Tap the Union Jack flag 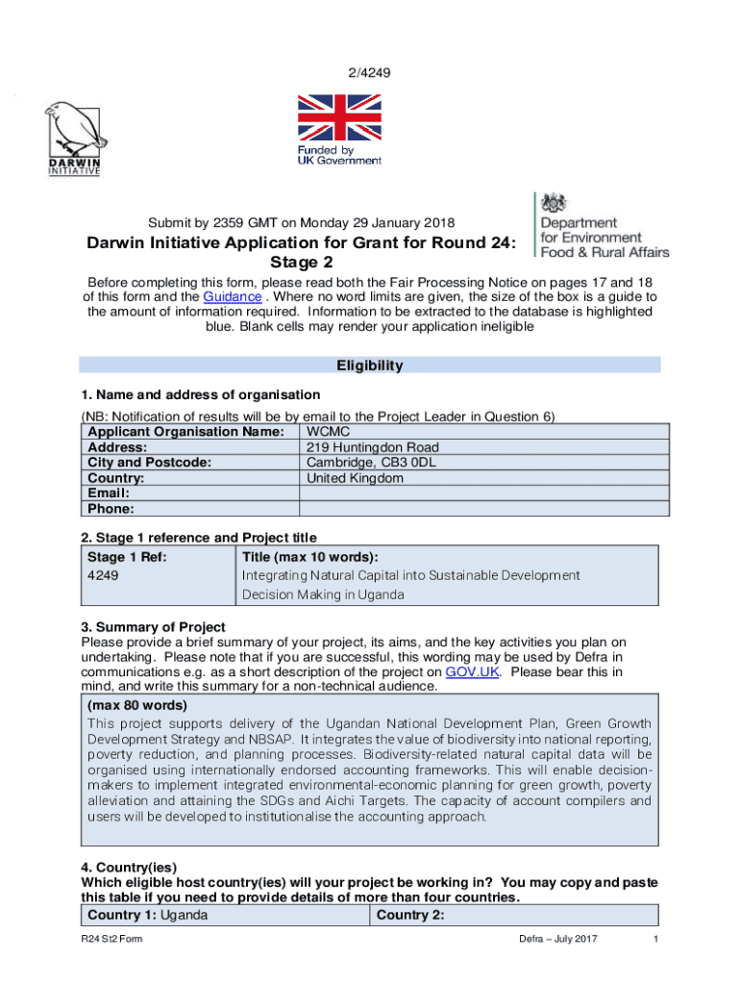(338, 117)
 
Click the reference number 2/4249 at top (369, 72)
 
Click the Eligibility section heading (369, 366)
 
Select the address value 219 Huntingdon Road (372, 447)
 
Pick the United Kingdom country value (355, 478)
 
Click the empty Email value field (480, 493)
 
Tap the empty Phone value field (480, 509)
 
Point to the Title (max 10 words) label (309, 556)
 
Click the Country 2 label (410, 915)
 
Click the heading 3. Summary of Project (153, 627)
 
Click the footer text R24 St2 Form (111, 940)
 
